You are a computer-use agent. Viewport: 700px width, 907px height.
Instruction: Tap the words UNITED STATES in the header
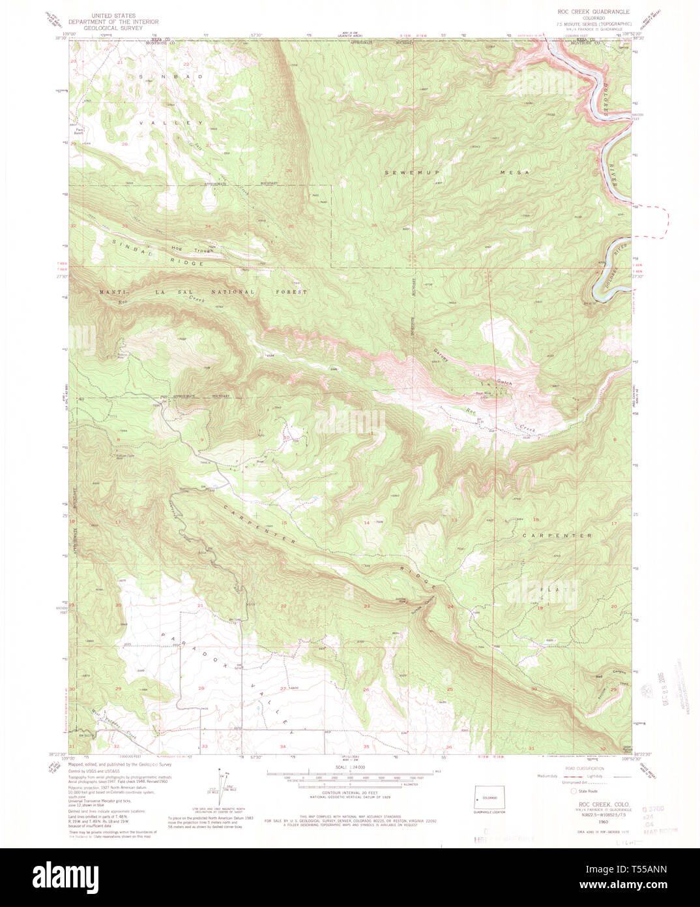coord(113,15)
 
